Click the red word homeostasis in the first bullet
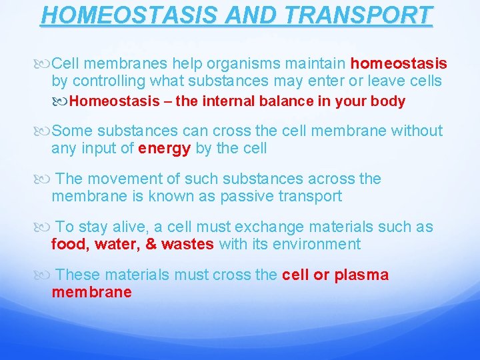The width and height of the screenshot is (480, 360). click(399, 64)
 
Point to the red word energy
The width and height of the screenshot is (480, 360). click(165, 148)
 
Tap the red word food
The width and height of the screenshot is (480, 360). click(70, 244)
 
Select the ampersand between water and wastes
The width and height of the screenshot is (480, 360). click(151, 244)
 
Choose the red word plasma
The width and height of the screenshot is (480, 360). click(361, 275)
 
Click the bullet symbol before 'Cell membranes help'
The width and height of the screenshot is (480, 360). click(44, 65)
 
